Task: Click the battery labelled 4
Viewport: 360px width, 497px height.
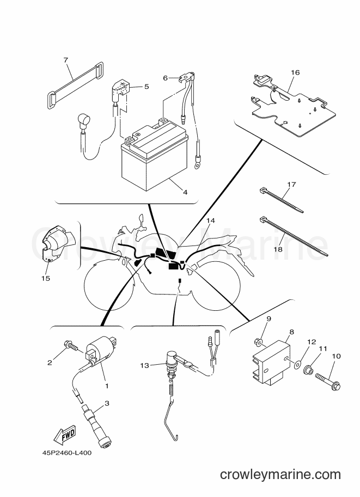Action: (155, 158)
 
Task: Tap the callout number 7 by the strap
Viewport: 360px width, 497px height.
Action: (66, 60)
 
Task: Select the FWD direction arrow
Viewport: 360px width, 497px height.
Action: (65, 434)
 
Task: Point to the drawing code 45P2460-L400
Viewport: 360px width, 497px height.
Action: (67, 452)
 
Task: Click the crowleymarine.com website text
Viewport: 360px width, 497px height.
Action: (280, 475)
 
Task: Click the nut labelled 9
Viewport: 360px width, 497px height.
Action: (258, 342)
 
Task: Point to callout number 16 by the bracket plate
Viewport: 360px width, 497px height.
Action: (295, 72)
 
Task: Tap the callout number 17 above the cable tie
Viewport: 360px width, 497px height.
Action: (291, 184)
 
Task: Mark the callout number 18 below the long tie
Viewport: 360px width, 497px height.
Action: (278, 249)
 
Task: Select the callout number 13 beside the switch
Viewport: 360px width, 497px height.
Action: (144, 365)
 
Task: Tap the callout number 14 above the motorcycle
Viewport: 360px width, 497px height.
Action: (211, 220)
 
